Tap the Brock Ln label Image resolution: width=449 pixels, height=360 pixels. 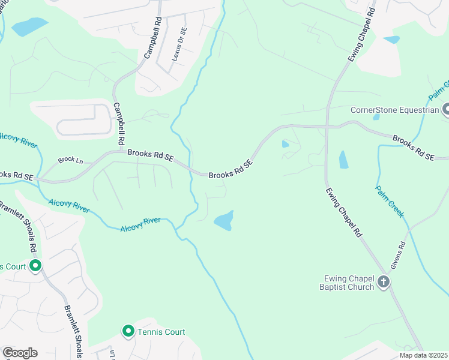[x=70, y=160]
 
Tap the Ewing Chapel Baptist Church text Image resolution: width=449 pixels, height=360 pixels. [x=349, y=283]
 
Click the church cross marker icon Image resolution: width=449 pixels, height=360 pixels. [x=384, y=282]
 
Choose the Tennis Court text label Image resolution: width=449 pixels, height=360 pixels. [x=161, y=332]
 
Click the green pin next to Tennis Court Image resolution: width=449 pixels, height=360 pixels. [x=128, y=331]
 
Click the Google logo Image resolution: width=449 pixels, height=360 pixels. [x=20, y=353]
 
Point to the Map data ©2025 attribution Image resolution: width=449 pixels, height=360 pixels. [x=423, y=355]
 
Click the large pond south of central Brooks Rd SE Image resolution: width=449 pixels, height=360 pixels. [x=223, y=221]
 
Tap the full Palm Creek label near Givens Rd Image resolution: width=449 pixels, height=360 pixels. [x=390, y=201]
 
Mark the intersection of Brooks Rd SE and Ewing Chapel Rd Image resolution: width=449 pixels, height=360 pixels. [x=327, y=127]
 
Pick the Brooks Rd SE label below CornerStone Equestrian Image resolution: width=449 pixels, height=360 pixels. [x=413, y=148]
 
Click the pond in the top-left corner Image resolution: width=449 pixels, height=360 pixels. [x=29, y=26]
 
